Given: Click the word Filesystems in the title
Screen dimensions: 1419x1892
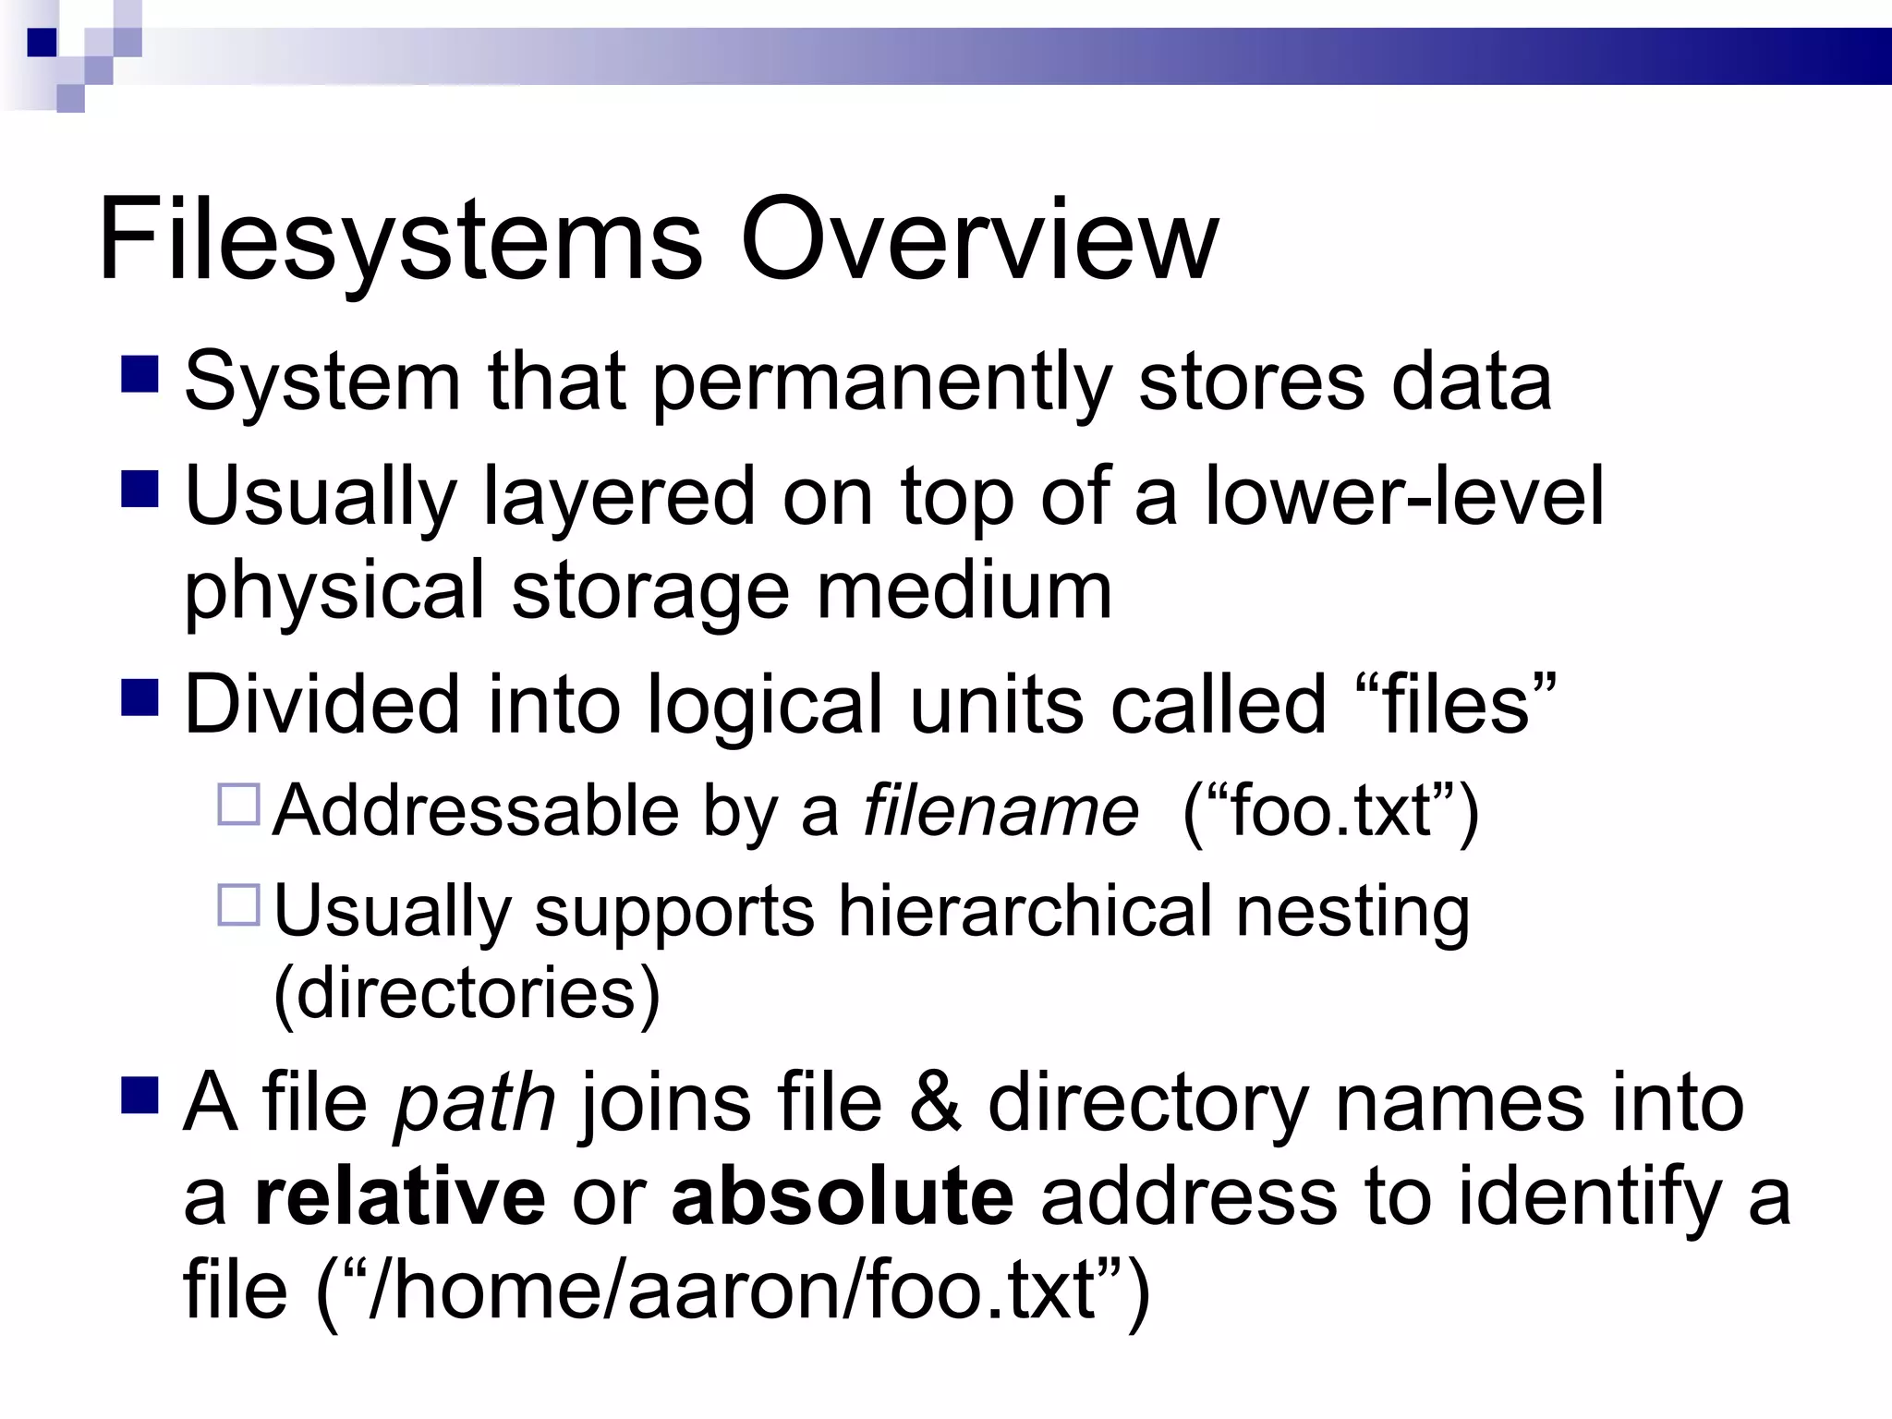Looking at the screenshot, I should pyautogui.click(x=399, y=240).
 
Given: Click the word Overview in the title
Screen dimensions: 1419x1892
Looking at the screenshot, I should pyautogui.click(x=979, y=240).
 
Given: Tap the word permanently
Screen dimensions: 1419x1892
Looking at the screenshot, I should pyautogui.click(x=882, y=383).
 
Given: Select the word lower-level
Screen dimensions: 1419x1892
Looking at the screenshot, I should pyautogui.click(x=1404, y=496).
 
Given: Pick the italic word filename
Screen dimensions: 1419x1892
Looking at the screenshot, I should pyautogui.click(x=1001, y=810).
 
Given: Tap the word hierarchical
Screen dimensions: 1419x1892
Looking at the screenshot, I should pyautogui.click(x=1025, y=911).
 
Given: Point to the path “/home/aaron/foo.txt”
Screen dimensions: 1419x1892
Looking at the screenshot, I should pyautogui.click(x=734, y=1292).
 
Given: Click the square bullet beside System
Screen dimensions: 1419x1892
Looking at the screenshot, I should pyautogui.click(x=139, y=374).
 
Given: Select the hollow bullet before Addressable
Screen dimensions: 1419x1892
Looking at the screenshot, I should pyautogui.click(x=239, y=804).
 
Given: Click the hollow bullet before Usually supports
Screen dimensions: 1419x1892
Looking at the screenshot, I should pyautogui.click(x=239, y=904).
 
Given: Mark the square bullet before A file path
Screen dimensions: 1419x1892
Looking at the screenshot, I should pyautogui.click(x=139, y=1095).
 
